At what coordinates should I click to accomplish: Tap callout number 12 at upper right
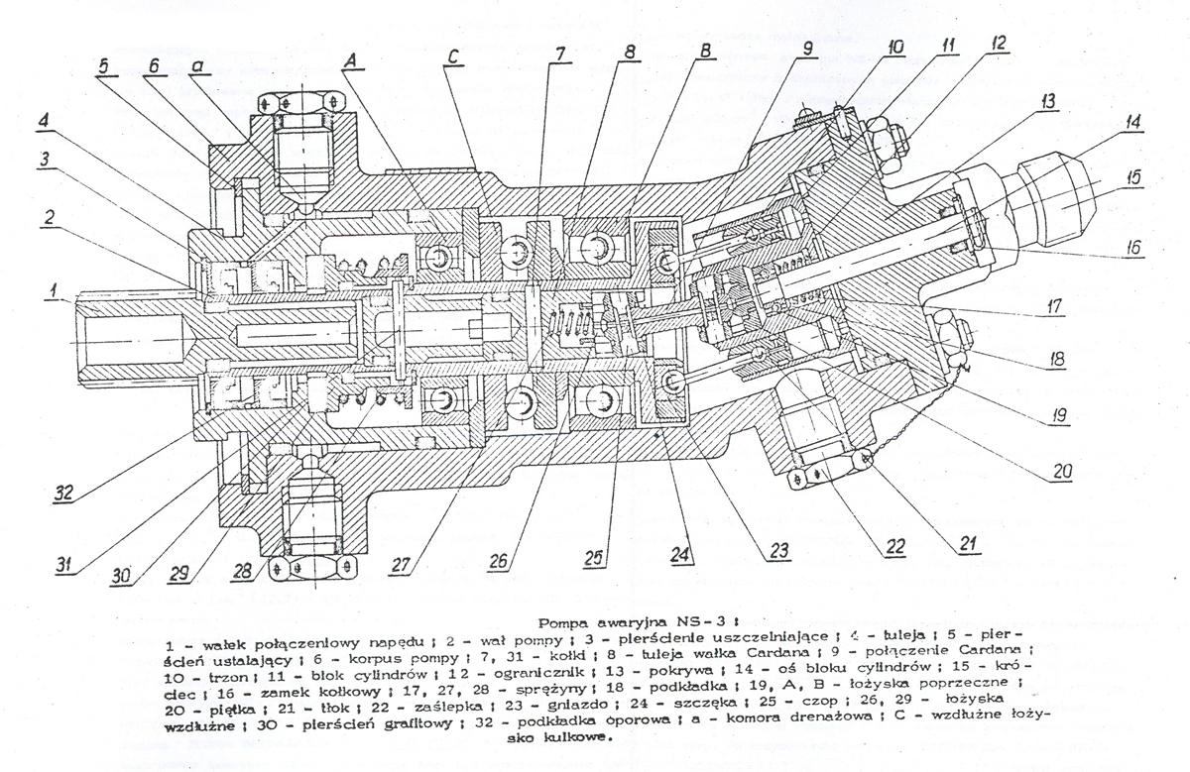point(997,45)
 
